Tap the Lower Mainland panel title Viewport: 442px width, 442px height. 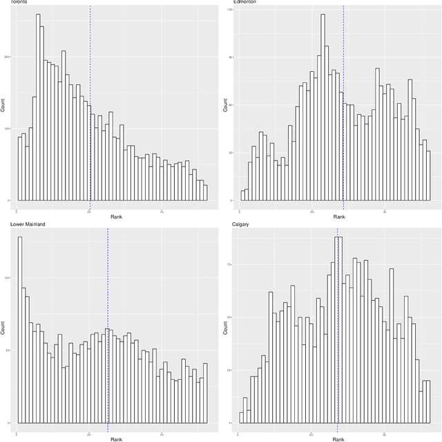coord(23,225)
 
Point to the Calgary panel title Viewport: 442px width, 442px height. coord(242,225)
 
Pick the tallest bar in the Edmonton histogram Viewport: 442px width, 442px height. coord(323,107)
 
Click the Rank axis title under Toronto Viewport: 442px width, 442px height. coord(117,218)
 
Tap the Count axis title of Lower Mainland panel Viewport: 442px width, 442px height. coord(3,326)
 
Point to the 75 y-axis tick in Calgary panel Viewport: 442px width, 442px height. coord(230,264)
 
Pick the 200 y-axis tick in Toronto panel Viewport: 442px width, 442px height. coord(9,57)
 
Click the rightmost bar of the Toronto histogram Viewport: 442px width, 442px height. coord(205,193)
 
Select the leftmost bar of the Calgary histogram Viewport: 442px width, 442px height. coord(242,417)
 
